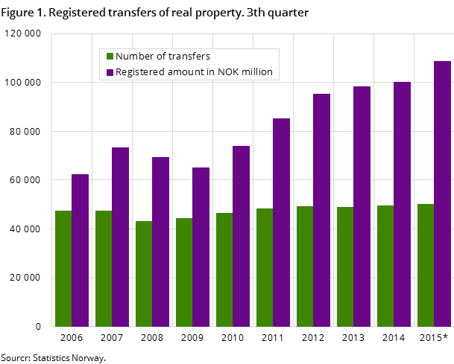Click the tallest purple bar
pos(442,194)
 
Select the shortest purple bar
pos(80,250)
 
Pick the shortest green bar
pos(143,273)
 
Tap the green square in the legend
pos(110,57)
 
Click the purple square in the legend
pos(110,72)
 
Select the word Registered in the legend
pos(141,72)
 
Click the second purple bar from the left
pos(120,237)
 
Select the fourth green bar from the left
pos(183,272)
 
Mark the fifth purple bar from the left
pos(241,236)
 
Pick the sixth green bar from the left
pos(264,267)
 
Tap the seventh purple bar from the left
pos(321,210)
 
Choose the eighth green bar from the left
pos(344,266)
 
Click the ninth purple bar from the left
pos(402,204)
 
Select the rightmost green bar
pos(425,265)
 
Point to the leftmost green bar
pos(63,268)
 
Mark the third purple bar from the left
pos(160,241)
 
